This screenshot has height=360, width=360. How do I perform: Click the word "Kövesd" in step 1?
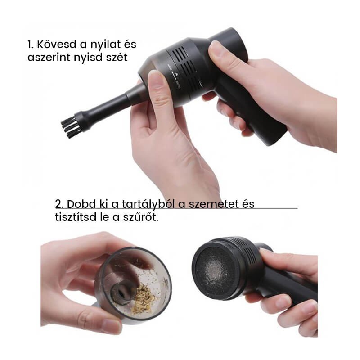coord(57,44)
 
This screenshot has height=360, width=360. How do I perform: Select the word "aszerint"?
coord(49,58)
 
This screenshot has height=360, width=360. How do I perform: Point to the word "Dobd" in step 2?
coord(81,204)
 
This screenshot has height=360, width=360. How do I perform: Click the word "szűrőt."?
coord(141,217)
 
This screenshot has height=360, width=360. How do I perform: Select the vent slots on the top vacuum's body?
coord(186,69)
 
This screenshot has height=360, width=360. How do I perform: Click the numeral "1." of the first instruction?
coord(31,44)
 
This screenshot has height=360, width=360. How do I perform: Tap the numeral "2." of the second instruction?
coord(59,204)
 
